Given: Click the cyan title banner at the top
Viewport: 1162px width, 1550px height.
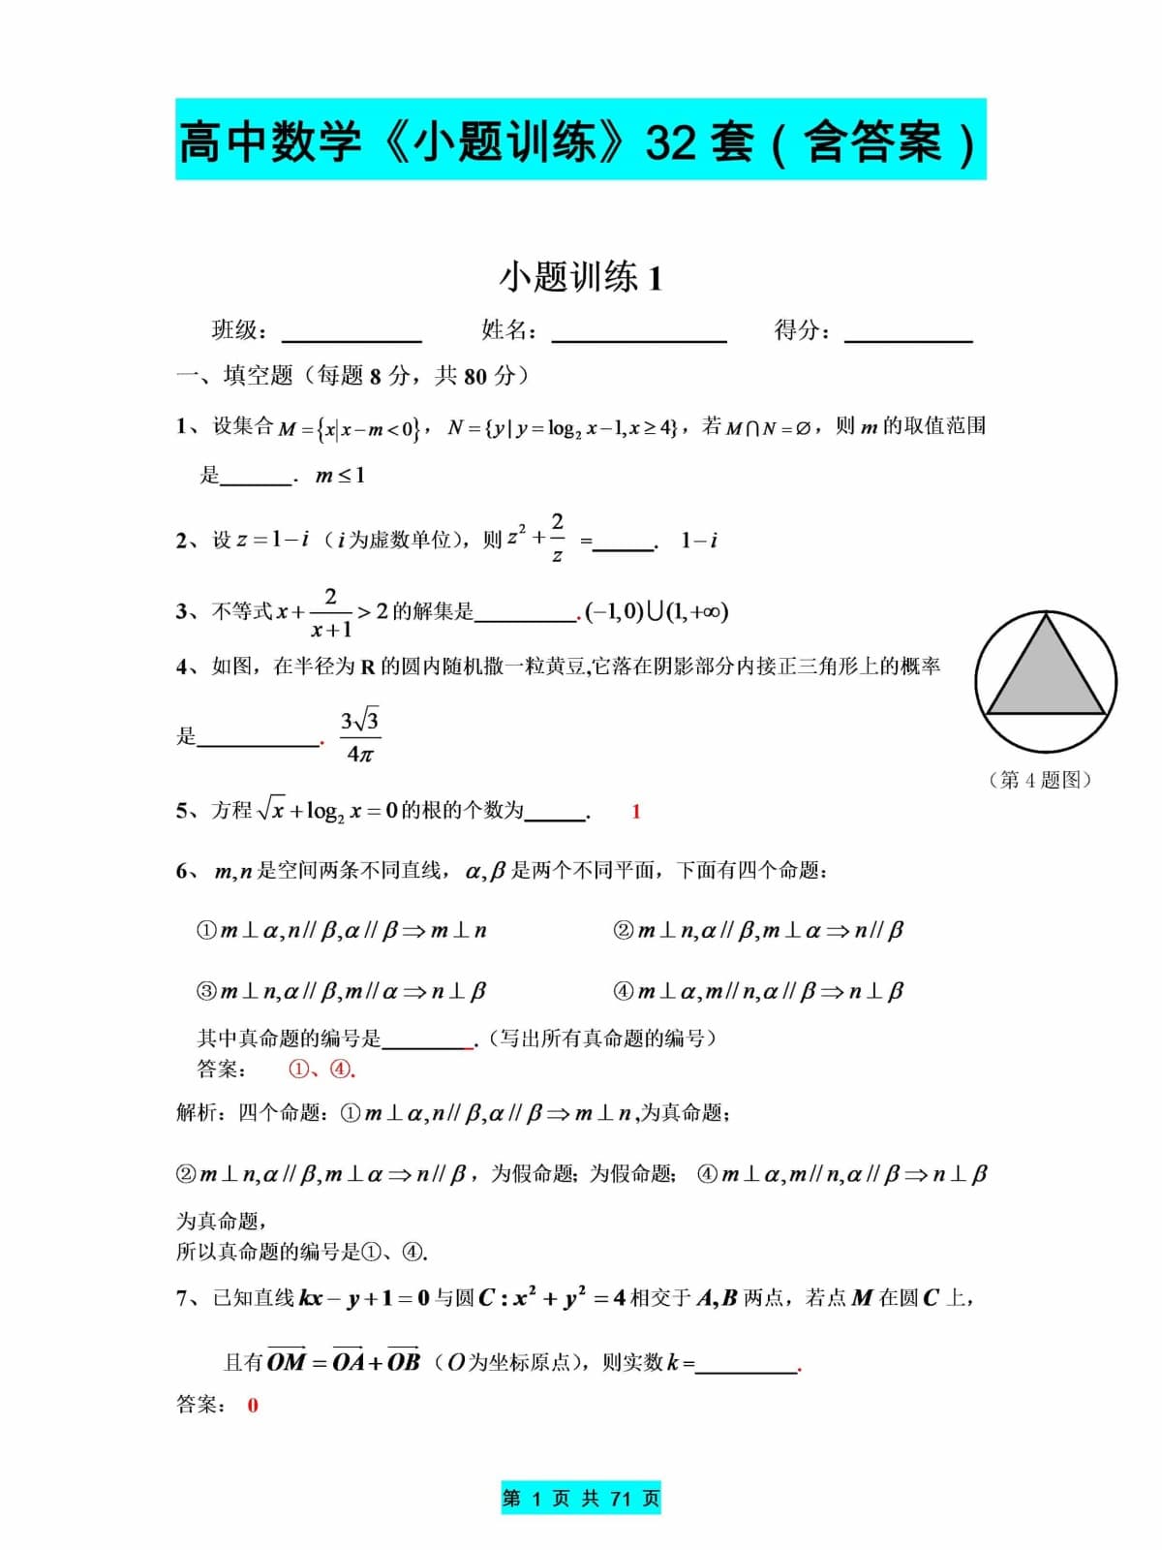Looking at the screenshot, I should (x=580, y=139).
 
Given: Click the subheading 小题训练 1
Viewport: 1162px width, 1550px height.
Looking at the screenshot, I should (x=580, y=278).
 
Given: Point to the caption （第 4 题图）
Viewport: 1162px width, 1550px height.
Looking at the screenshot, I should (x=1040, y=780).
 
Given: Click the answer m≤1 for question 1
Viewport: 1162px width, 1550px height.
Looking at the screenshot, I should (x=340, y=476).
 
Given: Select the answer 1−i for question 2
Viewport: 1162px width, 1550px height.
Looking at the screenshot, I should (x=698, y=541).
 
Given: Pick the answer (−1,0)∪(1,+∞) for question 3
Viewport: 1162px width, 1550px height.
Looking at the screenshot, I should (x=657, y=611).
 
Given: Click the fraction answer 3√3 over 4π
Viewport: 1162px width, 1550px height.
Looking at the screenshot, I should (x=359, y=736).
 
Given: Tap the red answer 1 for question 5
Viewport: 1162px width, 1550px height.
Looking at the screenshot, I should (x=636, y=812).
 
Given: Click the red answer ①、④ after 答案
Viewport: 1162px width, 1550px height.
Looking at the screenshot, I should (x=321, y=1069).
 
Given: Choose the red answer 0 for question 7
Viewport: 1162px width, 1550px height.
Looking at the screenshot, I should (x=253, y=1406).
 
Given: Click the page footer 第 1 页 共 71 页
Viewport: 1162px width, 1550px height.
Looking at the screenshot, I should (x=580, y=1499).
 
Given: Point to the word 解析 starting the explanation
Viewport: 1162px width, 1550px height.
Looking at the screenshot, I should (x=198, y=1112).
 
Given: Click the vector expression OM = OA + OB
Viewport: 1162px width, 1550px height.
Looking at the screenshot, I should (x=344, y=1361).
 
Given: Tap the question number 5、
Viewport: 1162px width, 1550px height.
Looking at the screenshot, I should (x=187, y=811).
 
